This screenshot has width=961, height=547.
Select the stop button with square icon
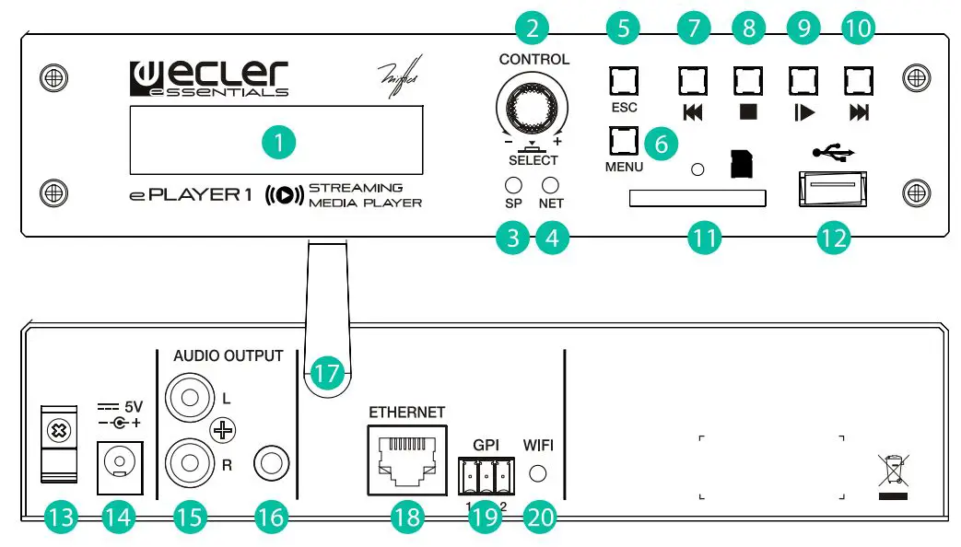(x=747, y=83)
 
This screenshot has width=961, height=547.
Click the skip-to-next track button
(x=859, y=83)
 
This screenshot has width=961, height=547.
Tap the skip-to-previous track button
(x=693, y=83)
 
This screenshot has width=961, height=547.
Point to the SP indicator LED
(x=514, y=184)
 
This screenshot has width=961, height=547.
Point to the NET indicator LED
(x=551, y=184)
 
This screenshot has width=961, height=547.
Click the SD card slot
(x=697, y=198)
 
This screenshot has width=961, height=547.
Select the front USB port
(x=831, y=189)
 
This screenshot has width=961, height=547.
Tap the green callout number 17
(x=325, y=374)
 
